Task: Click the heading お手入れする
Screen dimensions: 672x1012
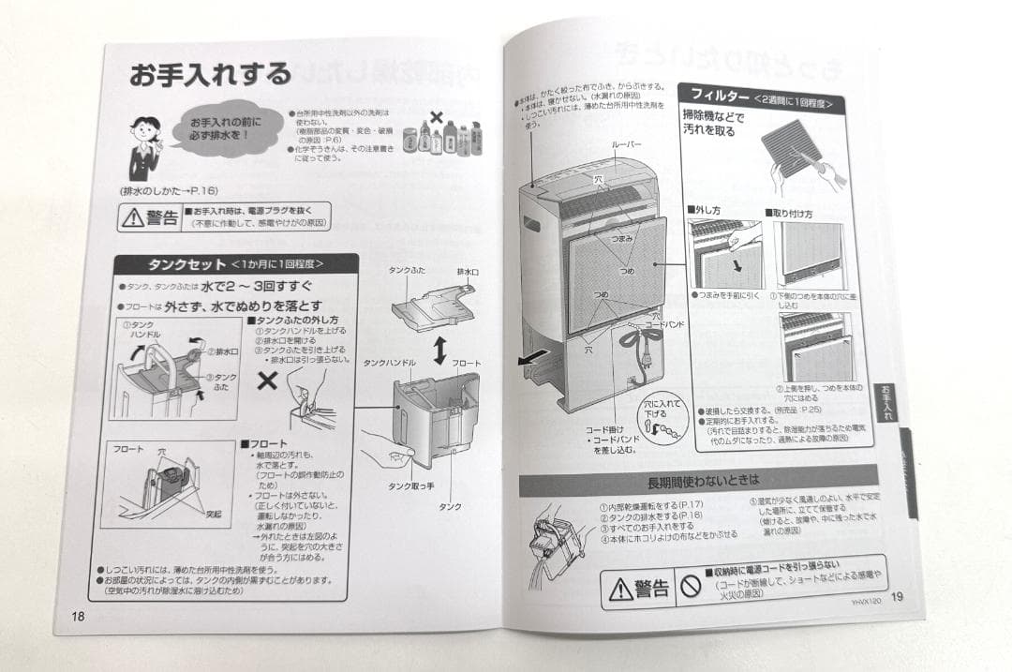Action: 210,75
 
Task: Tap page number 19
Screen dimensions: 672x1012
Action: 897,597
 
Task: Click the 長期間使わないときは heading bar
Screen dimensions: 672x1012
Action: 698,480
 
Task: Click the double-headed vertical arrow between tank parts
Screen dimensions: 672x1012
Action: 439,351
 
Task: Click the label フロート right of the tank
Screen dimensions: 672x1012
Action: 466,363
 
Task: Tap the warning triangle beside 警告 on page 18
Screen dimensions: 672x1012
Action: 131,219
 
